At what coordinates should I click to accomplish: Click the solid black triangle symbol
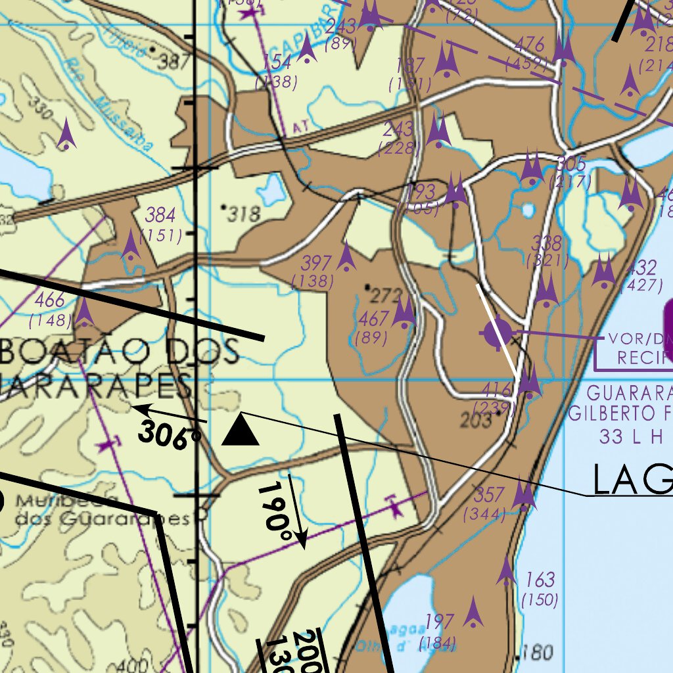point(241,430)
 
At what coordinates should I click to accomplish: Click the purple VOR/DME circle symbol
point(498,334)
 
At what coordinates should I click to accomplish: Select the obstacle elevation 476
point(530,45)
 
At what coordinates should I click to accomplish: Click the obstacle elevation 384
point(160,215)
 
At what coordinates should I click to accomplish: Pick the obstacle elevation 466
point(49,301)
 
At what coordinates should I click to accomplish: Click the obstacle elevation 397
point(316,264)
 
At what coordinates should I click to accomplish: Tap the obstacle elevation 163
point(540,580)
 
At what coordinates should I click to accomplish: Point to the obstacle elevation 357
point(489,494)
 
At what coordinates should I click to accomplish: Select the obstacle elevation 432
point(641,267)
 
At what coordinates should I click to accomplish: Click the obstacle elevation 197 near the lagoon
point(439,621)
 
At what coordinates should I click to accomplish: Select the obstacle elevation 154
point(277,62)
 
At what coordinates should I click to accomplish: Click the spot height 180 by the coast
point(539,653)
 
